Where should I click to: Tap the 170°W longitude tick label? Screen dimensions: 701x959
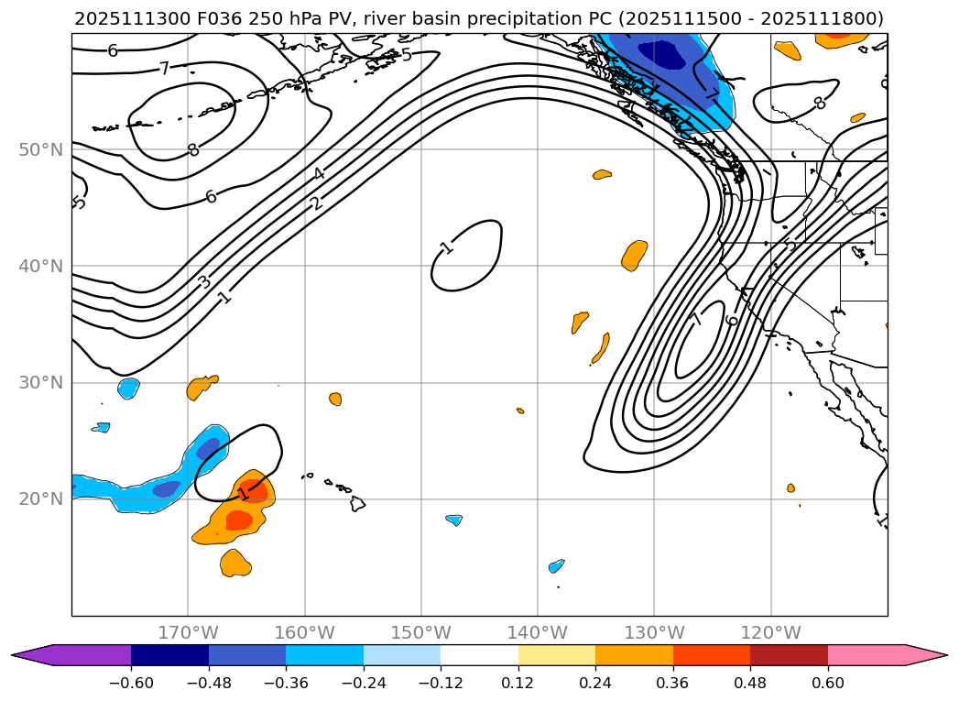click(x=188, y=632)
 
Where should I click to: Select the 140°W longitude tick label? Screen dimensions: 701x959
click(x=538, y=632)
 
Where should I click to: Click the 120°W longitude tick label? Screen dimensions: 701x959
click(x=770, y=632)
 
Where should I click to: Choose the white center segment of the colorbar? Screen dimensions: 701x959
click(x=479, y=655)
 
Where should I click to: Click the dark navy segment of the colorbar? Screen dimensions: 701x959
click(x=169, y=655)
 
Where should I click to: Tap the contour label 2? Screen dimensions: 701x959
click(x=317, y=203)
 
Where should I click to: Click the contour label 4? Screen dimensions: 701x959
click(x=318, y=174)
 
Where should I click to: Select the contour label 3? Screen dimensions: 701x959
click(x=204, y=281)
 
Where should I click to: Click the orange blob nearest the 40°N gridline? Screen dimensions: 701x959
click(x=634, y=255)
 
